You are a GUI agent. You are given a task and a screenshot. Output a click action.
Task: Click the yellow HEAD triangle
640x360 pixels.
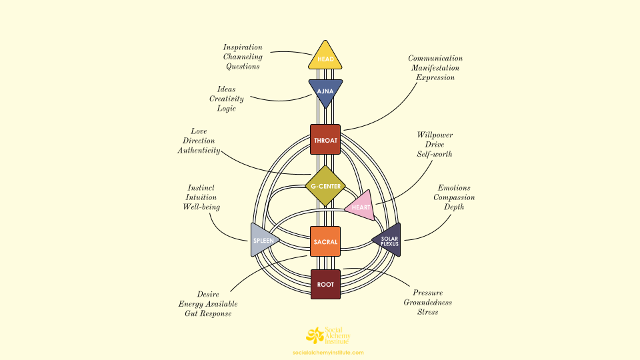click(325, 57)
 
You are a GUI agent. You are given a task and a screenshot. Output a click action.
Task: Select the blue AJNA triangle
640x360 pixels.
click(325, 91)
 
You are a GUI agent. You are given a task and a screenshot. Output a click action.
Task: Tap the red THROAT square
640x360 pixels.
click(325, 139)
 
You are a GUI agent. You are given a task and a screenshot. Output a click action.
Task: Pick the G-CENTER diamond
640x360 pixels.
click(325, 185)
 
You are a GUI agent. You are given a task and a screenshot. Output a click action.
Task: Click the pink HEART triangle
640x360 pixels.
click(361, 206)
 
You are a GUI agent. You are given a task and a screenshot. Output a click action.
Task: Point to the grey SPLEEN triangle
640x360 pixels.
click(262, 239)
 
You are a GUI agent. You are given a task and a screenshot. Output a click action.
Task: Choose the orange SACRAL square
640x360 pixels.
click(325, 241)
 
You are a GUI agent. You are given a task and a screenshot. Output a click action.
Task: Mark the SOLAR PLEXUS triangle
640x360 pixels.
click(388, 240)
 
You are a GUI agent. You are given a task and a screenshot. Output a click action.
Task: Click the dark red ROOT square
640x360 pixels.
click(325, 283)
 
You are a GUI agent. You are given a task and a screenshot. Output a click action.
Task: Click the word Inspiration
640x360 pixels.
click(243, 47)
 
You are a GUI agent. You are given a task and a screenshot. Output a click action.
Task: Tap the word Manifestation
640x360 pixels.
click(435, 68)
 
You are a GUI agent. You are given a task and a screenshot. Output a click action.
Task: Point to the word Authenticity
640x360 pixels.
click(198, 151)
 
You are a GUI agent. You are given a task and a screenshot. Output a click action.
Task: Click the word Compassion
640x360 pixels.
click(454, 197)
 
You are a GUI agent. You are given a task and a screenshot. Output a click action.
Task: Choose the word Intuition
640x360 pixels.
click(201, 197)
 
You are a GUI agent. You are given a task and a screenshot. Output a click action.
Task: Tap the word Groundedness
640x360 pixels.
click(427, 302)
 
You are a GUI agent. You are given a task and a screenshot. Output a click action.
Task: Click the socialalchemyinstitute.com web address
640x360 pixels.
click(329, 352)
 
